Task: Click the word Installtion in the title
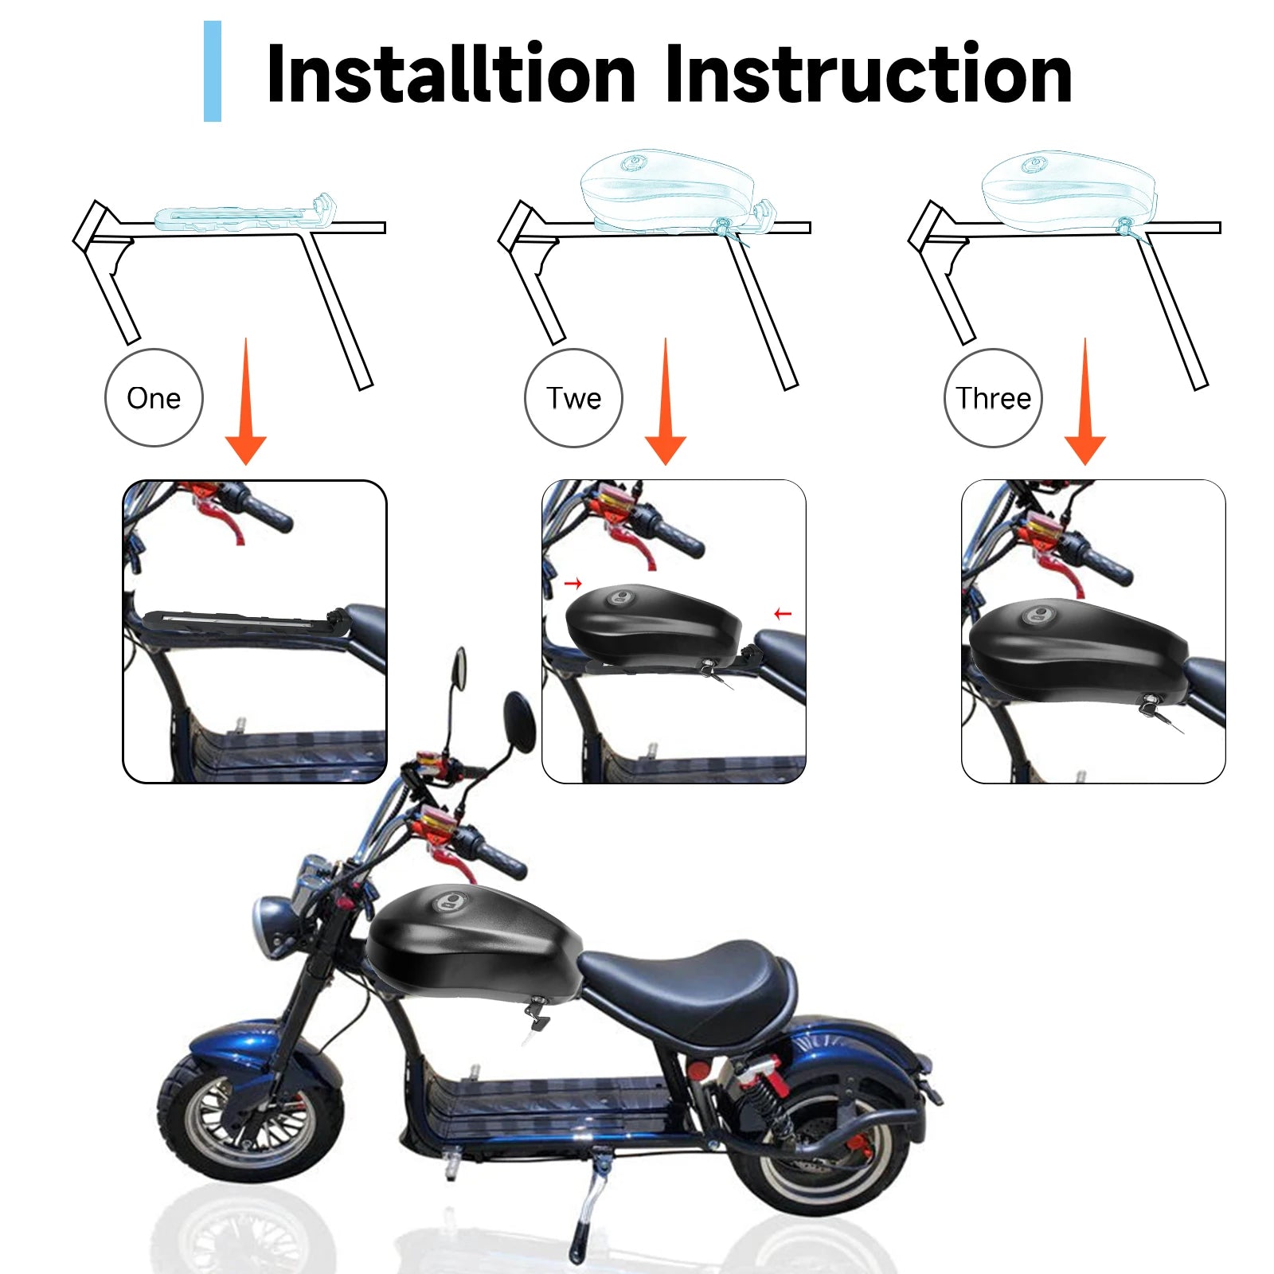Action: point(451,73)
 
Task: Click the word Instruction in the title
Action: point(868,73)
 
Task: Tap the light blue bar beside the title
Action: point(213,71)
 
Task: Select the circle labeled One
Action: point(154,397)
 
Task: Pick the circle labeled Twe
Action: point(573,397)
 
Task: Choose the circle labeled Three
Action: point(993,397)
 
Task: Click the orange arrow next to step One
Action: point(246,402)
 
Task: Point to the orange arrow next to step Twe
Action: point(666,402)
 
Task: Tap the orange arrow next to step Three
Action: point(1084,402)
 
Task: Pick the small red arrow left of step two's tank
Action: point(573,584)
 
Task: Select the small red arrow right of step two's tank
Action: point(783,613)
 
